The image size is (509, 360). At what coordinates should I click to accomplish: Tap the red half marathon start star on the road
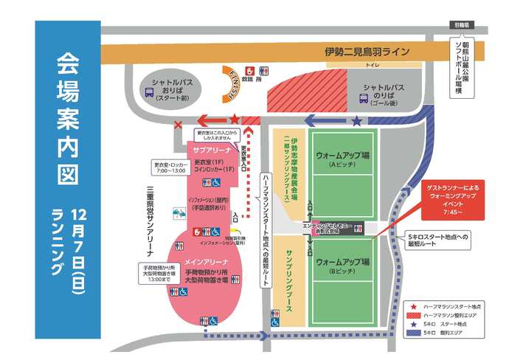pos(235,119)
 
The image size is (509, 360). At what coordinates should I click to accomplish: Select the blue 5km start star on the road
pos(357,120)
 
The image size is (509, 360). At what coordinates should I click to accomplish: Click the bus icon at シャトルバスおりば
pos(150,94)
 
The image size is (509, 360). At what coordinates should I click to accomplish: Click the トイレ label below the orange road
pos(373,66)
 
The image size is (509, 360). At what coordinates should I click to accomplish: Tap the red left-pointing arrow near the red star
pos(213,120)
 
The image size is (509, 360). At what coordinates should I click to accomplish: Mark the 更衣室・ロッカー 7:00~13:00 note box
pos(170,167)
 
